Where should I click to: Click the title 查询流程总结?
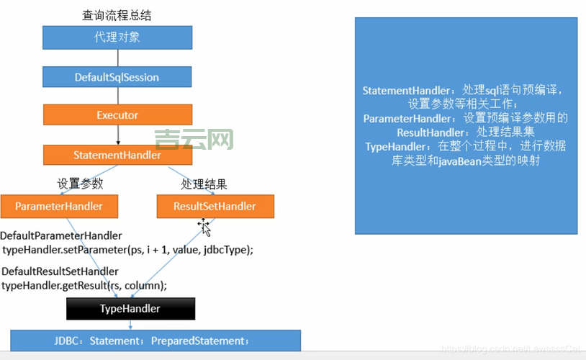click(x=117, y=15)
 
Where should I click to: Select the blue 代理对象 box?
click(x=117, y=37)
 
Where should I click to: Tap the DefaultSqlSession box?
click(x=117, y=76)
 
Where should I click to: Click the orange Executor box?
click(x=117, y=115)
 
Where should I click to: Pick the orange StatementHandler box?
click(x=117, y=155)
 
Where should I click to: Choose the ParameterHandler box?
click(x=59, y=207)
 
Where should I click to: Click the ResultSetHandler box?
click(x=215, y=207)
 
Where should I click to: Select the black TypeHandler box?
click(x=130, y=309)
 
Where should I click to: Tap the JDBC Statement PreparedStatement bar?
click(x=155, y=340)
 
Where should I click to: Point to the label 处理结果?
click(x=204, y=184)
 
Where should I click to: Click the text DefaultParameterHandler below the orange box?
click(x=61, y=236)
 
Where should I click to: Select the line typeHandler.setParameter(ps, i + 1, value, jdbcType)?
click(x=128, y=249)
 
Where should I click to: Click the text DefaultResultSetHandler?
click(x=60, y=271)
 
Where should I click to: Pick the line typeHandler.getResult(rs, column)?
click(x=84, y=285)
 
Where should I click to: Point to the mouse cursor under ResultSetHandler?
click(x=204, y=228)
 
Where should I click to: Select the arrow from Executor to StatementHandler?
click(x=117, y=135)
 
